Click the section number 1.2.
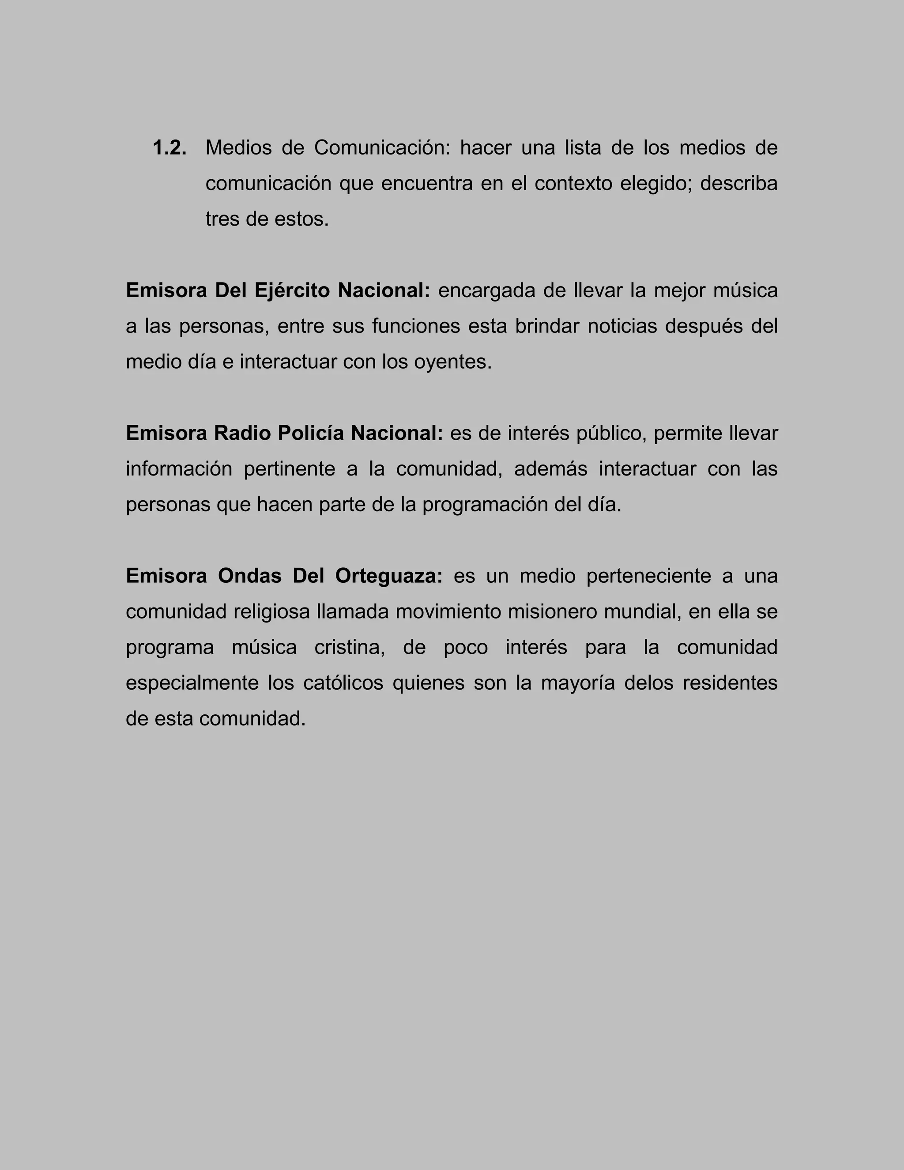pos(170,148)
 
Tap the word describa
pos(738,184)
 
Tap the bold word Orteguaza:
pos(389,577)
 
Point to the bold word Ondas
pos(249,577)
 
